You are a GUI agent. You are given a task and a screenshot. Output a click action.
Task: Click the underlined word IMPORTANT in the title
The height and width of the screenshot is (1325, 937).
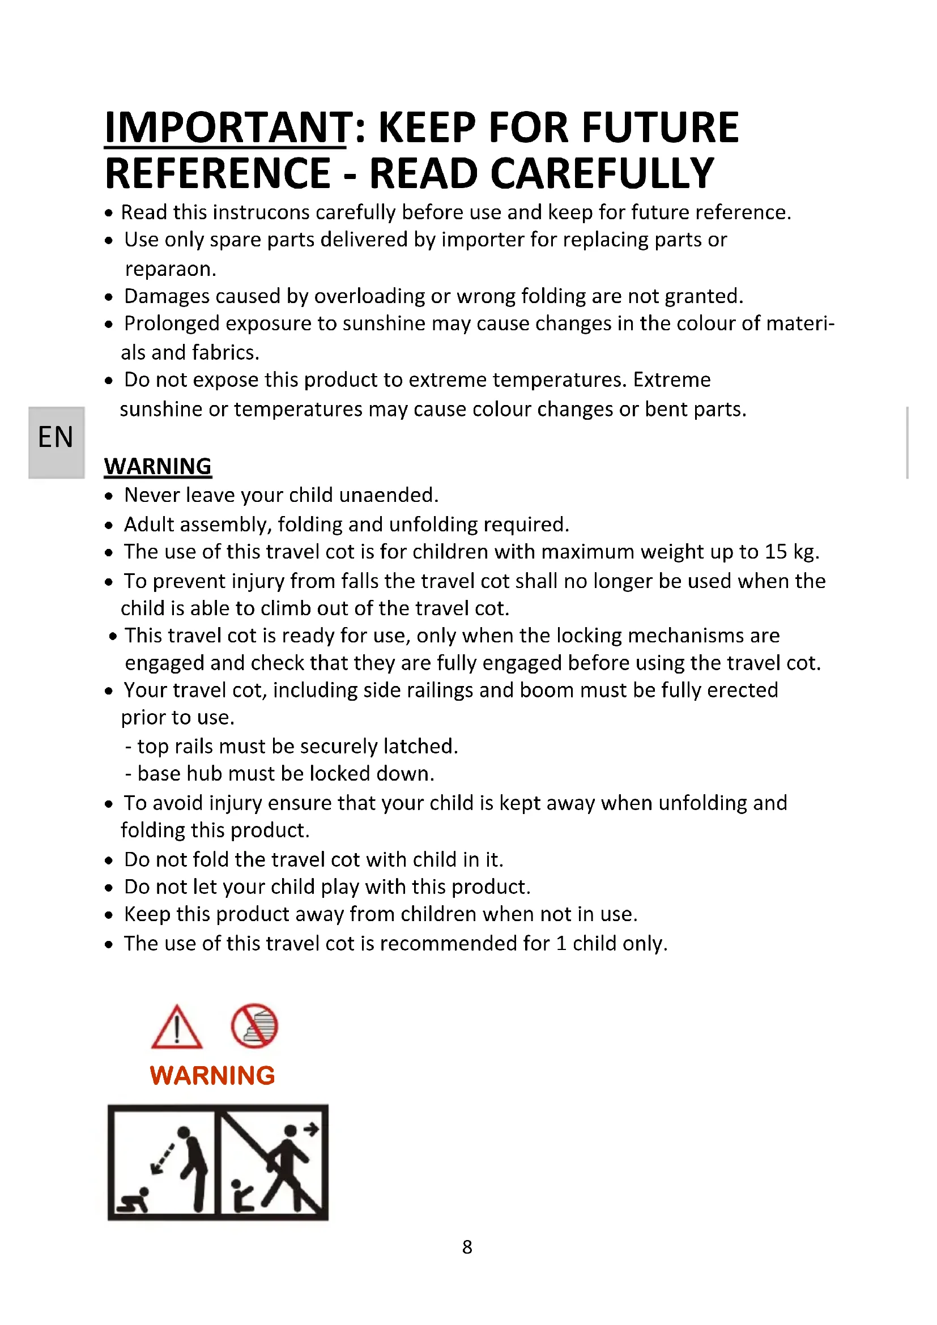pyautogui.click(x=225, y=127)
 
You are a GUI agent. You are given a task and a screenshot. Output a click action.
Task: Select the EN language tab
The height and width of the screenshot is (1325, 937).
pyautogui.click(x=56, y=437)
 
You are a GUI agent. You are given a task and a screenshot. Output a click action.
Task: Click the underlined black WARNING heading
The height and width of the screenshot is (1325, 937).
pyautogui.click(x=157, y=466)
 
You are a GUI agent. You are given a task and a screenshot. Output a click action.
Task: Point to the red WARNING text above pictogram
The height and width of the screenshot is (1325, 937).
pyautogui.click(x=212, y=1076)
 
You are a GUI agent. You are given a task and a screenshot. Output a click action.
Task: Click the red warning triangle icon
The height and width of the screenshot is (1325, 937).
pyautogui.click(x=177, y=1028)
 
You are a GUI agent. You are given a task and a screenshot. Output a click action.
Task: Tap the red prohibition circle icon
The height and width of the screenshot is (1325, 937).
pyautogui.click(x=254, y=1026)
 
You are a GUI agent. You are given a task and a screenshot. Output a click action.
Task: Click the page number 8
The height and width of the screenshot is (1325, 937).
pyautogui.click(x=467, y=1247)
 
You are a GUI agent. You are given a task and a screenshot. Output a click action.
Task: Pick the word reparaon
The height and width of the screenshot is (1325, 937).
pyautogui.click(x=170, y=269)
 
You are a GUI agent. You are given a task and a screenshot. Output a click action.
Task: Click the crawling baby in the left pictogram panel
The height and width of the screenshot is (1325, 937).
pyautogui.click(x=134, y=1200)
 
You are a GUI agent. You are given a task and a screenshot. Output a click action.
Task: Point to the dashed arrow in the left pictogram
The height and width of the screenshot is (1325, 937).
pyautogui.click(x=163, y=1158)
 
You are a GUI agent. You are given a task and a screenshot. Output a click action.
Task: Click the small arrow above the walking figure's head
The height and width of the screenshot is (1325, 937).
pyautogui.click(x=311, y=1130)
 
